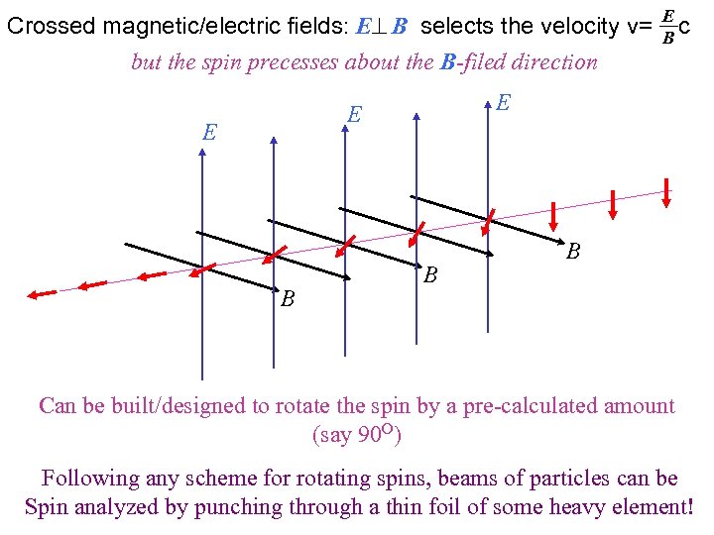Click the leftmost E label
click(209, 133)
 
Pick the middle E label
click(354, 115)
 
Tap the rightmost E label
click(503, 102)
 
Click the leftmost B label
click(287, 298)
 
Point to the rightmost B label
click(573, 252)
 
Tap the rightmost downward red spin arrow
click(668, 194)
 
